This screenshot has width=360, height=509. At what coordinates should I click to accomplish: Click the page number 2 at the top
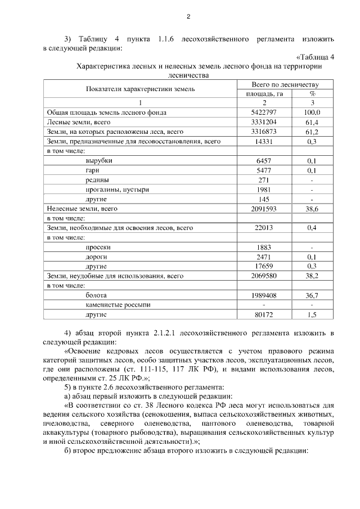tap(188, 16)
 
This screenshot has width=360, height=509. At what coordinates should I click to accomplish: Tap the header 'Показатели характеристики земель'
tap(140, 89)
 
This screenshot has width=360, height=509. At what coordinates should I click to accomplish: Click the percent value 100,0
tap(312, 112)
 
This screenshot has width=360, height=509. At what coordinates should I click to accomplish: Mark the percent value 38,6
tap(312, 209)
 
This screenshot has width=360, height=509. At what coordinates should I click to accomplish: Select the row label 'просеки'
tap(98, 247)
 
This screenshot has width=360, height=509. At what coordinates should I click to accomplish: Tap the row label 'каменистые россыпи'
tap(115, 304)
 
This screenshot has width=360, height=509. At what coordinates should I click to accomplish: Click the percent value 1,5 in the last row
tap(312, 314)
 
